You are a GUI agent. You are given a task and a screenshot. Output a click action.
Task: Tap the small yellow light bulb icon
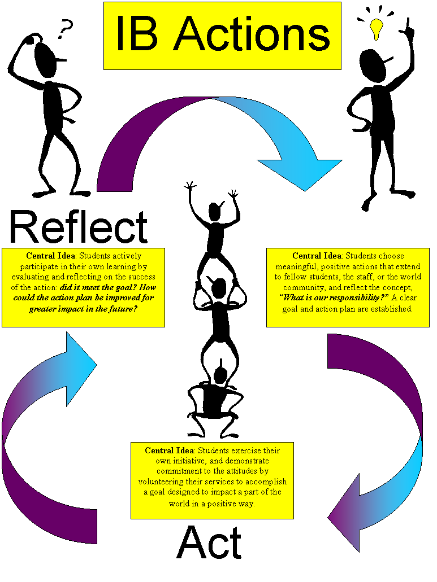point(375,29)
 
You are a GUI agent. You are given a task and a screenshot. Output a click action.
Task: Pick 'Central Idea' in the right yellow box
point(317,256)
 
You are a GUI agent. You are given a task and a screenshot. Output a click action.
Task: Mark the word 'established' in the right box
point(392,309)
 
